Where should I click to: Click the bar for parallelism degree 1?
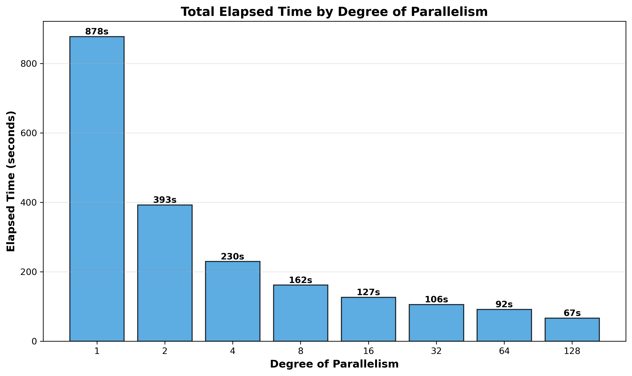[97, 189]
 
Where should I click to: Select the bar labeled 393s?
[165, 273]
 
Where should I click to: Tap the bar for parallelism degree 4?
[233, 301]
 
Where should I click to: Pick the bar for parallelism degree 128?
[572, 330]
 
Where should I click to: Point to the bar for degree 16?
[368, 319]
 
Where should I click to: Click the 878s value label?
[97, 32]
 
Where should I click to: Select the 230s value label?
[232, 257]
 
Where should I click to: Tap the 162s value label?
[300, 280]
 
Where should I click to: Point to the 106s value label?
[436, 300]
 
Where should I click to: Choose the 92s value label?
[504, 304]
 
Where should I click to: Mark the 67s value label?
[572, 313]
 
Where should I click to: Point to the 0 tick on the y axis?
[34, 342]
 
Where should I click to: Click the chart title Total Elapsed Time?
[334, 12]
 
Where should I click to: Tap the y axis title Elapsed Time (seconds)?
[11, 181]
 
